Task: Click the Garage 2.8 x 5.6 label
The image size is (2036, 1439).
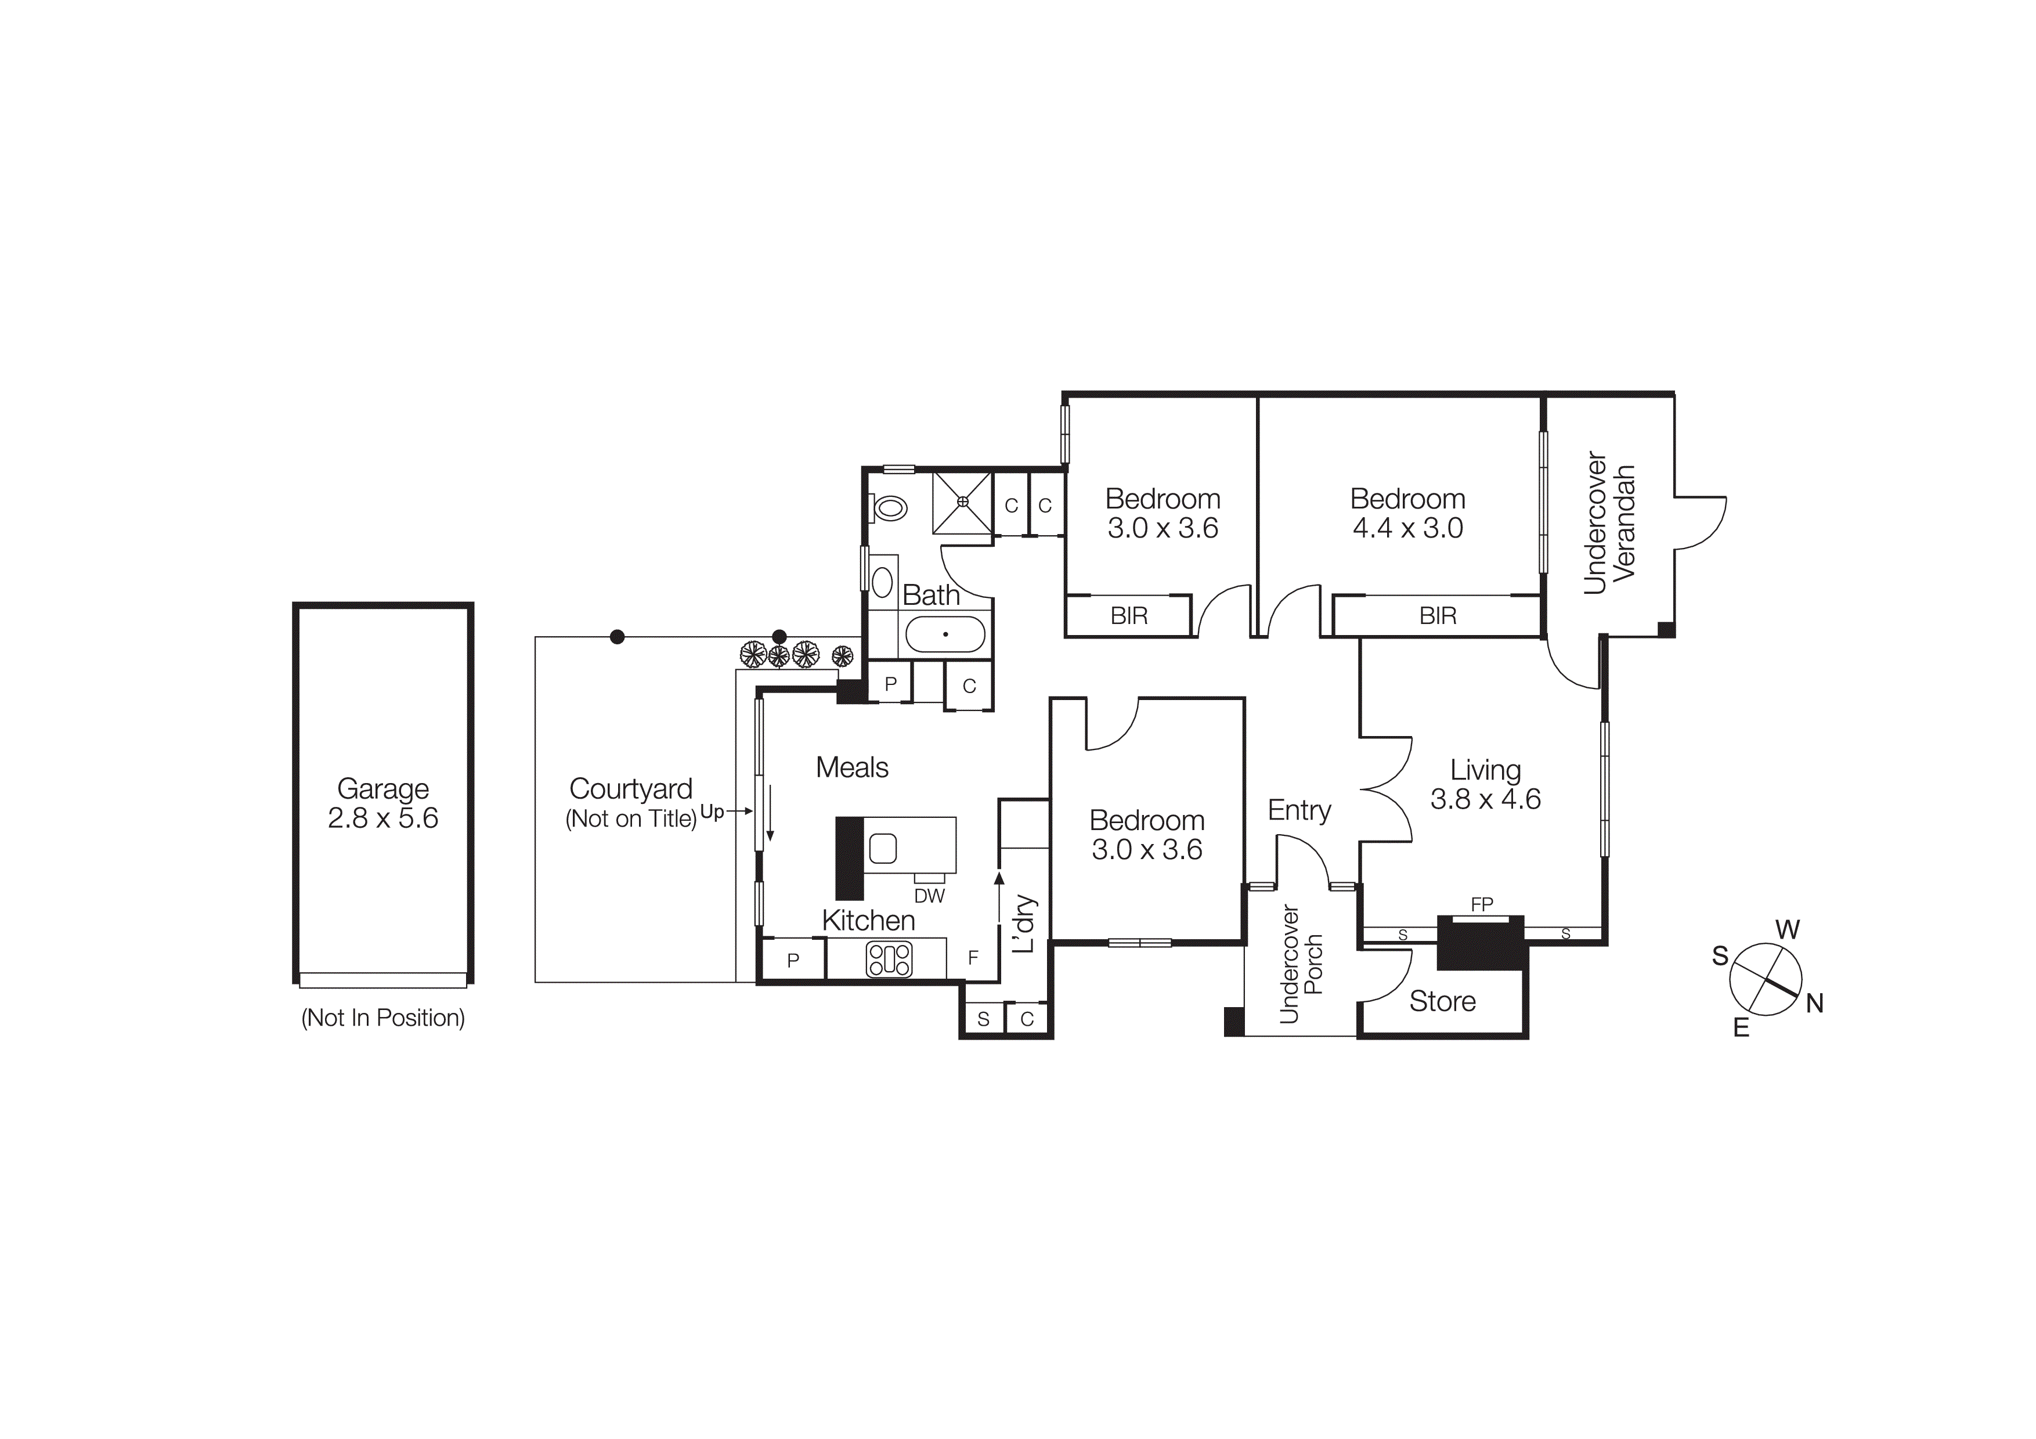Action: point(383,803)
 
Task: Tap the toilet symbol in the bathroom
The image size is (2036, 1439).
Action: point(890,508)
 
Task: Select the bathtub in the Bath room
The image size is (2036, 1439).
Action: point(945,635)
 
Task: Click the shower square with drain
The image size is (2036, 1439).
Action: point(962,503)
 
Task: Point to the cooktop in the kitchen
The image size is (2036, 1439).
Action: point(889,960)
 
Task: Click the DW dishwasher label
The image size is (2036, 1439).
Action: point(929,896)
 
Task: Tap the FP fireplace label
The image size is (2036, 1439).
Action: point(1482,904)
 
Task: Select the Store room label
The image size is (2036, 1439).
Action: point(1443,1001)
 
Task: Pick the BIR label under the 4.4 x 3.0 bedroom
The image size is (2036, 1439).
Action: point(1438,615)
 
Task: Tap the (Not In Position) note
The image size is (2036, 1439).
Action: point(383,1018)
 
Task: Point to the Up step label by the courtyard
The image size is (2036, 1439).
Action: point(712,812)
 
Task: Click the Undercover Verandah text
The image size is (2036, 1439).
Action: point(1609,523)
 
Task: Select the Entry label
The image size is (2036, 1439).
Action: point(1299,810)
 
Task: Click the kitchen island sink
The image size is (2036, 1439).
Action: point(883,849)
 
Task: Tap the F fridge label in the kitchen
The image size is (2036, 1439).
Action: point(973,958)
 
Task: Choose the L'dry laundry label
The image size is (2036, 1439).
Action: point(1024,924)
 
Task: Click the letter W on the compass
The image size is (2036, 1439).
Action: point(1788,929)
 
